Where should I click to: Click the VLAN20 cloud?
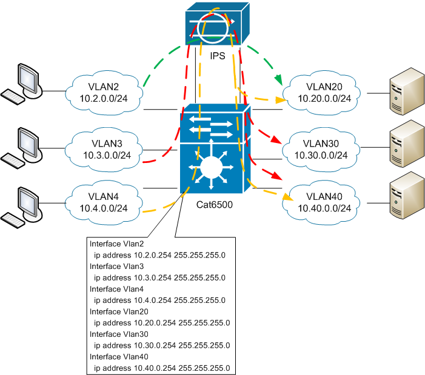point(324,92)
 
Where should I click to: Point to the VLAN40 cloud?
point(324,202)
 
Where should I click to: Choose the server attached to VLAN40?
point(404,199)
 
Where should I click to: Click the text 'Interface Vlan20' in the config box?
point(117,311)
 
